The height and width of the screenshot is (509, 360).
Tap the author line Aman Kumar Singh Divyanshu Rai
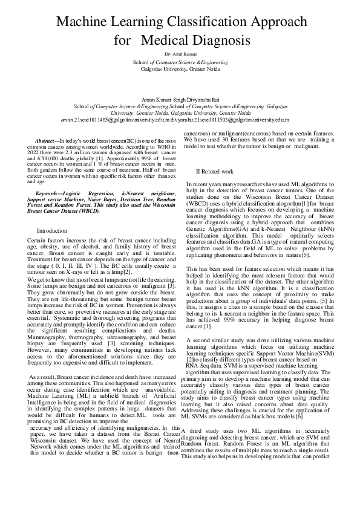(180, 98)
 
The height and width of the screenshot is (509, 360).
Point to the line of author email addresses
(180, 120)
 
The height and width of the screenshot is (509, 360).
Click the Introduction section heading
(52, 231)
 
